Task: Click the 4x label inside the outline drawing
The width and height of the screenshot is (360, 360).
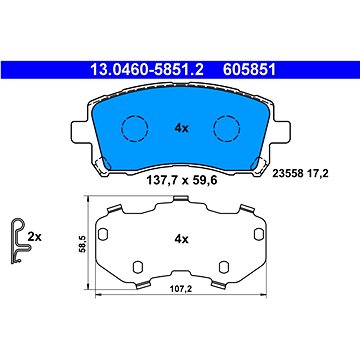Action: pos(181,239)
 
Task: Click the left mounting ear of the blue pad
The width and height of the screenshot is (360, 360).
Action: pos(76,132)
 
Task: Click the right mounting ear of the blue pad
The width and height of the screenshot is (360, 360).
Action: pos(284,132)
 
